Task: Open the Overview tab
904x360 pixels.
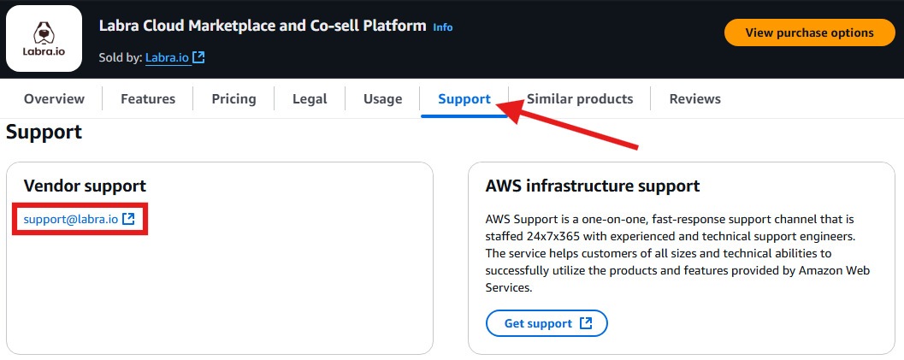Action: (x=54, y=99)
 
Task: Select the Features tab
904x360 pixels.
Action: (x=148, y=99)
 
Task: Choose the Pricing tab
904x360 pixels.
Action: (x=233, y=99)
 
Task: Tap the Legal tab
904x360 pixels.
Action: (x=310, y=99)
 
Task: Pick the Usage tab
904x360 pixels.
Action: (x=383, y=99)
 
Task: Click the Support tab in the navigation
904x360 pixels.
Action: (x=464, y=99)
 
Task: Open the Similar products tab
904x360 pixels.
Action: (x=579, y=99)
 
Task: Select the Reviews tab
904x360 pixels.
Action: (x=694, y=99)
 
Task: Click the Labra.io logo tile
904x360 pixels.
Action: (x=44, y=38)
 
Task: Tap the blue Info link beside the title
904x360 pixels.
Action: (x=443, y=27)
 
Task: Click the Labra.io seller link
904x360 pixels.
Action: (x=168, y=57)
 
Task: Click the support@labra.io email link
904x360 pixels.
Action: (x=71, y=219)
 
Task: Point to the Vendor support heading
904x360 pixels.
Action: (x=85, y=186)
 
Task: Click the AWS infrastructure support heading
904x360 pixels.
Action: (x=593, y=186)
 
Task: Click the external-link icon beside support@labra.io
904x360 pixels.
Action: (x=128, y=219)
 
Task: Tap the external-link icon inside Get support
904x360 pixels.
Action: (x=586, y=323)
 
